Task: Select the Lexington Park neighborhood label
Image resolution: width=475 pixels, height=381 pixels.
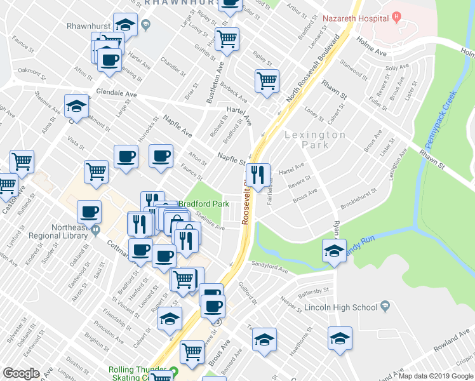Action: click(x=315, y=140)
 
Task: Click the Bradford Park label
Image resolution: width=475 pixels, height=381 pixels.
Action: click(x=203, y=204)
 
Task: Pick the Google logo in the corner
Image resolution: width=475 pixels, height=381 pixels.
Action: click(x=21, y=373)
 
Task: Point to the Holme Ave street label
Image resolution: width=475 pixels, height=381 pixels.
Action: click(x=371, y=44)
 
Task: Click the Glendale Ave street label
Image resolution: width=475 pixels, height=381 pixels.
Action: click(x=116, y=93)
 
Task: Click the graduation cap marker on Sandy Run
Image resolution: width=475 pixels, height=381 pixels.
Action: click(x=334, y=250)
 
